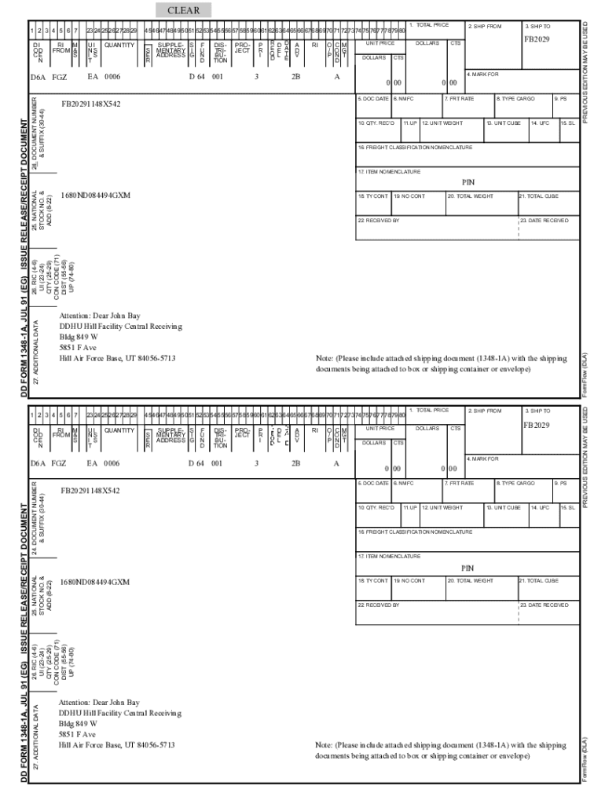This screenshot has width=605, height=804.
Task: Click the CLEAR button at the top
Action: [183, 10]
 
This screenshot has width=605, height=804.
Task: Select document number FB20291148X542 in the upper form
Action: [91, 104]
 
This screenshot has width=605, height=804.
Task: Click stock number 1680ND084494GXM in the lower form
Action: [95, 582]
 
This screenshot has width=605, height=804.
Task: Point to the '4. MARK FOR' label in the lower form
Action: [483, 459]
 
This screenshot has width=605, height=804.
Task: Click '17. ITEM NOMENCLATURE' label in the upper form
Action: [389, 171]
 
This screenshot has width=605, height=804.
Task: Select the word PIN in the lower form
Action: [467, 568]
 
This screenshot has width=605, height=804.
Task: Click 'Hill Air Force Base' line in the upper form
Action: [117, 358]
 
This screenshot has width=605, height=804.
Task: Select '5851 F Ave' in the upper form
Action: [78, 347]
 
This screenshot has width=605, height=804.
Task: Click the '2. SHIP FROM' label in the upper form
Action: [485, 26]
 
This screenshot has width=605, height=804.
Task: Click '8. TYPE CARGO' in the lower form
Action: [515, 484]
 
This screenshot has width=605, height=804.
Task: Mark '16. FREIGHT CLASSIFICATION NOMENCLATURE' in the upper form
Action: [415, 147]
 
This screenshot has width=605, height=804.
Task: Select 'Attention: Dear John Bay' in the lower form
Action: [100, 702]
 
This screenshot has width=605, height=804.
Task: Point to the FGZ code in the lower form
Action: [59, 463]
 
